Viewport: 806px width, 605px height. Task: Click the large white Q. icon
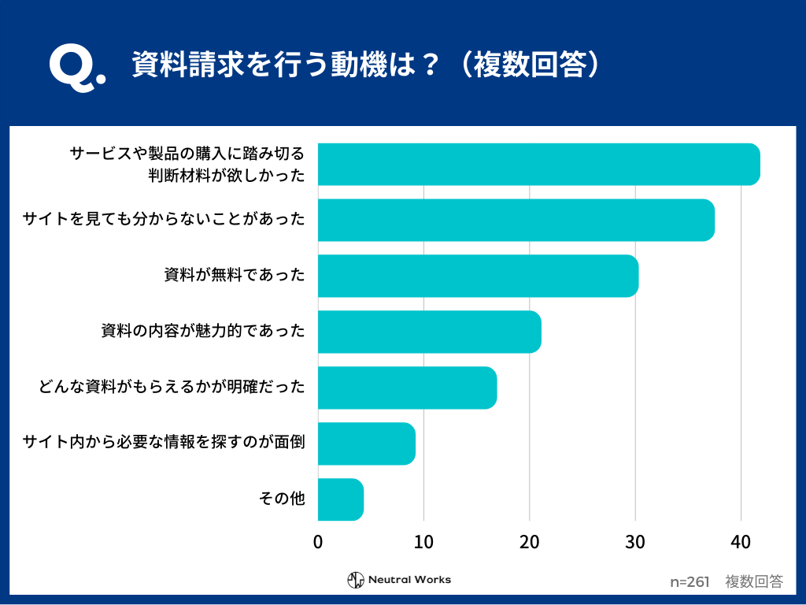[76, 69]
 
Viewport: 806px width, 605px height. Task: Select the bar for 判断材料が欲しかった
[538, 165]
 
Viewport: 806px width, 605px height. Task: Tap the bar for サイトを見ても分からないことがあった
[516, 220]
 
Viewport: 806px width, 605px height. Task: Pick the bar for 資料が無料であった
[478, 276]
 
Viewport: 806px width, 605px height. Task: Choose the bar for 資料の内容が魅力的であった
[429, 332]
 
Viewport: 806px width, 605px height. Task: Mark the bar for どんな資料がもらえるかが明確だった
[407, 388]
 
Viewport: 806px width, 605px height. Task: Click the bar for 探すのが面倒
[366, 444]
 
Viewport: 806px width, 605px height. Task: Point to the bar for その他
[340, 499]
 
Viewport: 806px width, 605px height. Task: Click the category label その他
[282, 499]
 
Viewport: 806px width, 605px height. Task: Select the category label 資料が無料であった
[234, 275]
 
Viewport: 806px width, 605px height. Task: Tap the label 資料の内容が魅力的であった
[202, 331]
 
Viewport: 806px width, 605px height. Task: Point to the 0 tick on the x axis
[318, 542]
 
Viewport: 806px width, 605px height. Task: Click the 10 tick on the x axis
[423, 542]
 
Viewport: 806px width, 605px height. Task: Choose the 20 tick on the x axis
[530, 542]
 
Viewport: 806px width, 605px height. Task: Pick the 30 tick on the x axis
[635, 542]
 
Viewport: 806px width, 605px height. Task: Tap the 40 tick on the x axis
[741, 542]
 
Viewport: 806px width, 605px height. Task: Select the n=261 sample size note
[690, 582]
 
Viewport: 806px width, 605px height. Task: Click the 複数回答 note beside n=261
[754, 582]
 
